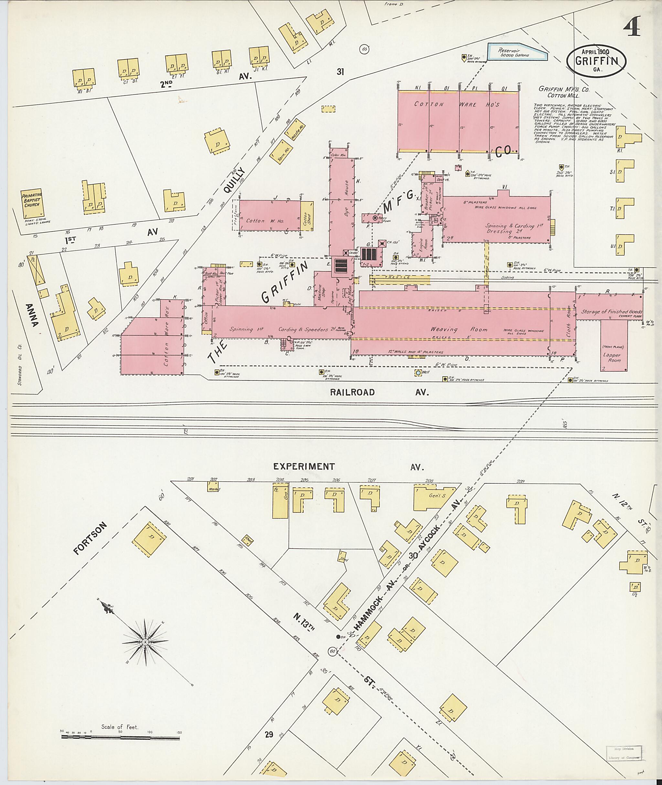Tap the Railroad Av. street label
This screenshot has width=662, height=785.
point(352,392)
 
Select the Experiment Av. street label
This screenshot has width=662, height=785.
point(304,467)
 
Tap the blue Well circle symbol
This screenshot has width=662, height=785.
point(418,373)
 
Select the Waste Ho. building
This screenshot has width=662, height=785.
point(295,130)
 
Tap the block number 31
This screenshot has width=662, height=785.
point(340,72)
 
